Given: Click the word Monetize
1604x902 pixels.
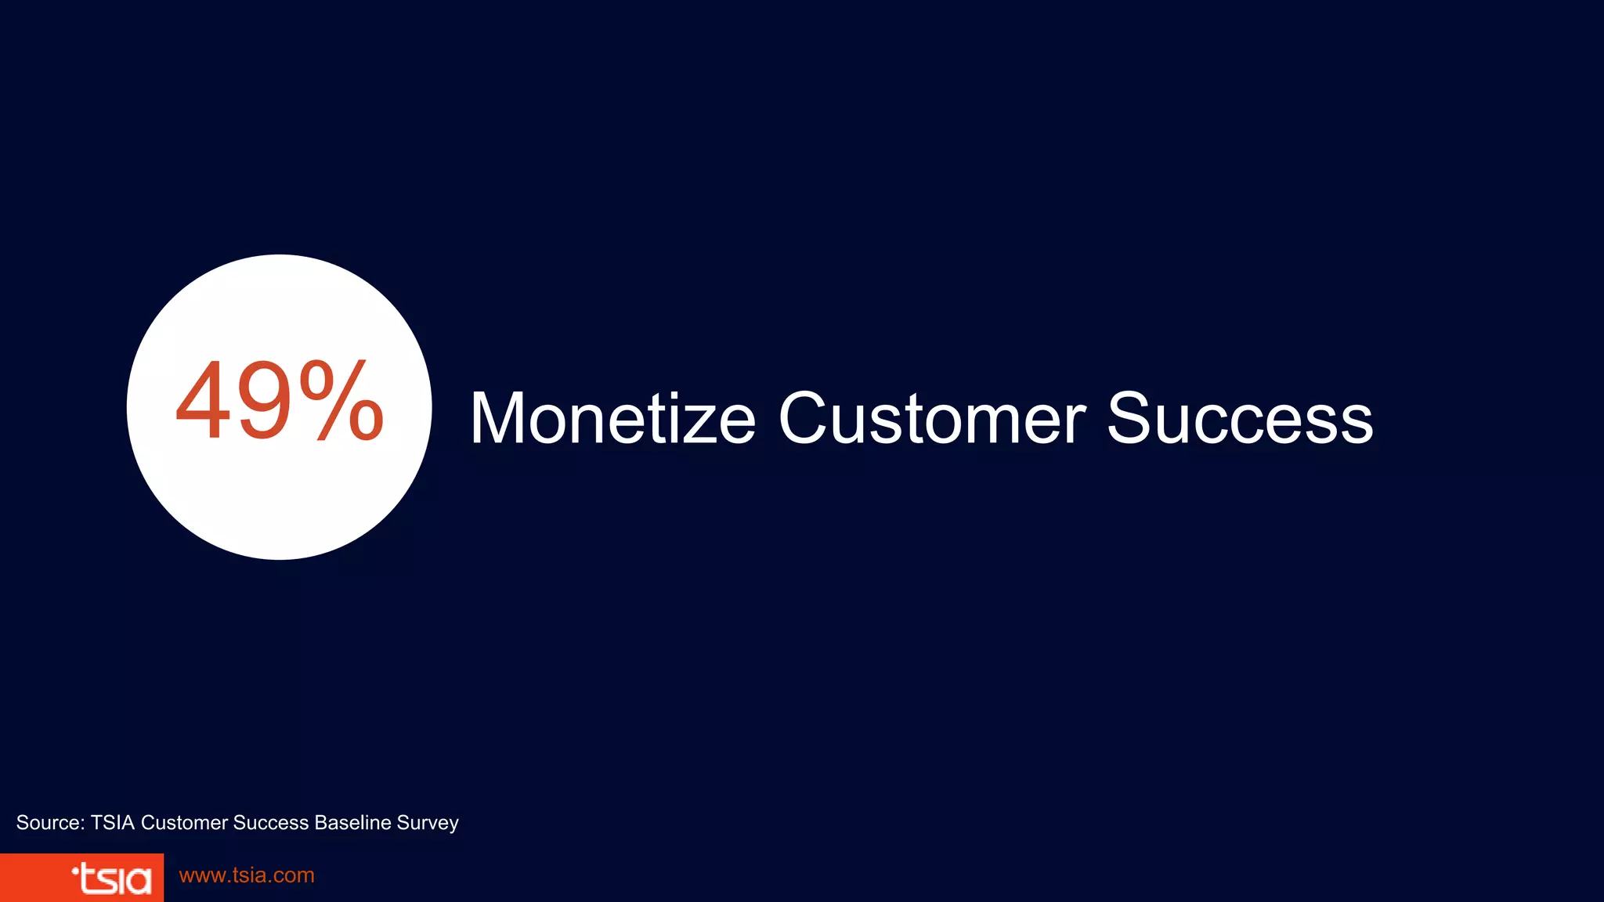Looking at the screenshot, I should (x=612, y=419).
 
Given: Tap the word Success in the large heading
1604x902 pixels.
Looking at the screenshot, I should (x=1240, y=419).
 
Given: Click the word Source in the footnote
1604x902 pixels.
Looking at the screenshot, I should (x=49, y=823).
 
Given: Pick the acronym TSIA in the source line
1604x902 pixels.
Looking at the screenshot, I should (x=113, y=823).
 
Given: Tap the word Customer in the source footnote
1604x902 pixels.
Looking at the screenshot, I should (x=184, y=823).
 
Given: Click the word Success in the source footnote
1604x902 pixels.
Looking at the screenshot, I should (x=271, y=823).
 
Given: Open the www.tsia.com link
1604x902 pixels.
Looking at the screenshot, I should (x=247, y=875).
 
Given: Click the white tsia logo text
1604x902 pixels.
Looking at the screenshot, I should (x=116, y=879).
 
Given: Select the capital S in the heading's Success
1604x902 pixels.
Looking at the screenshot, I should (x=1130, y=419).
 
